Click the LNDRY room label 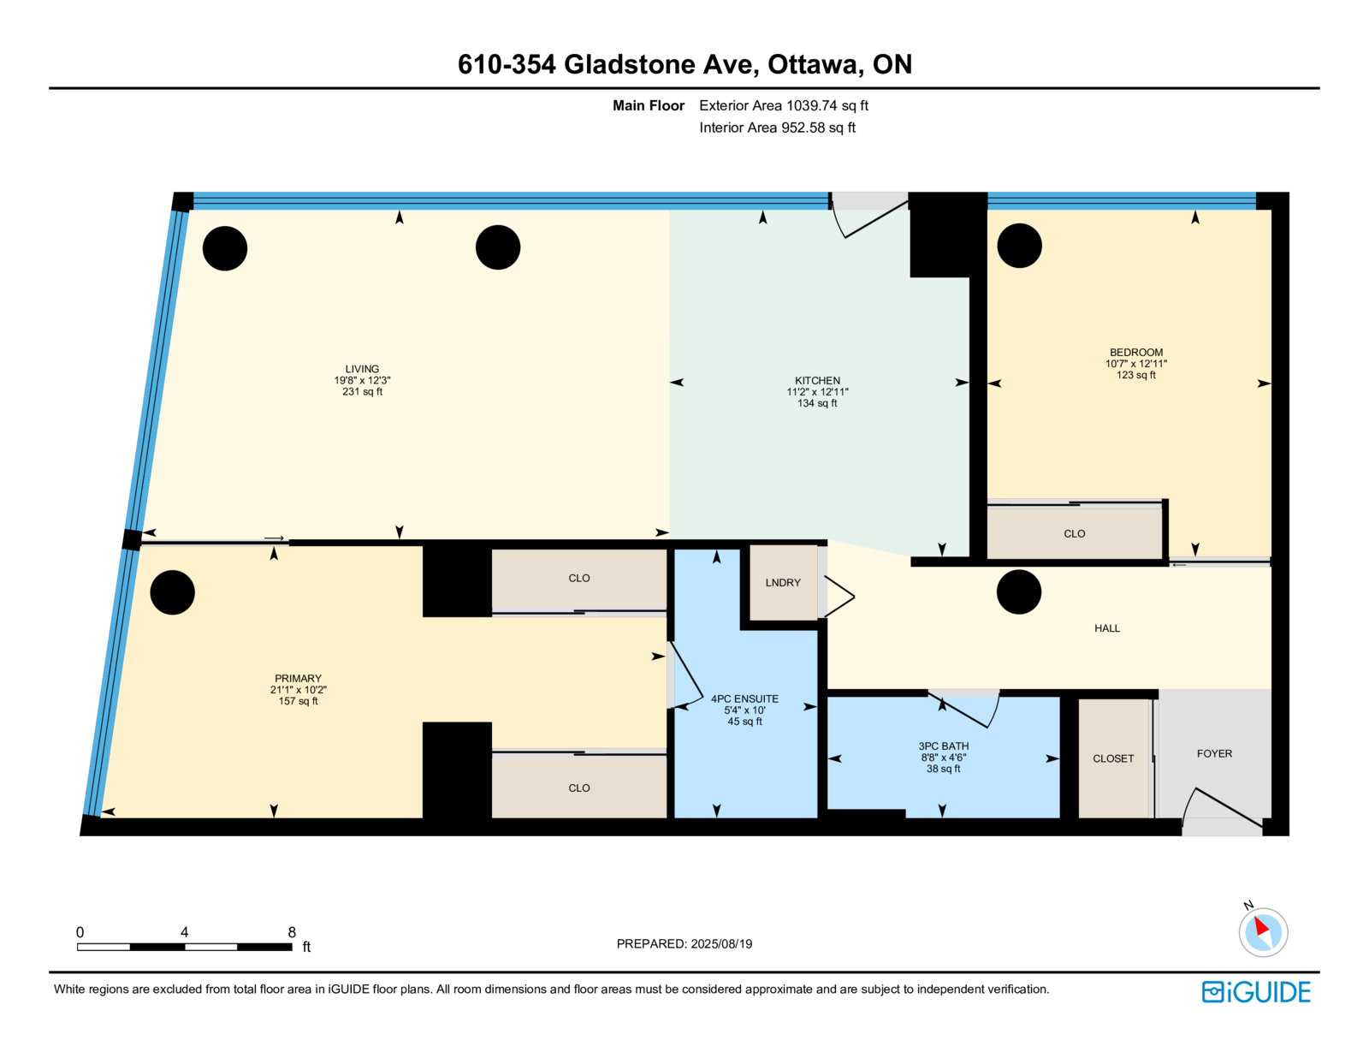click(x=782, y=583)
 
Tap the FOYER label click(x=1214, y=753)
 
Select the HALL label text click(x=1107, y=628)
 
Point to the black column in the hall click(x=1019, y=591)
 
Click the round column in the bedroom click(x=1019, y=246)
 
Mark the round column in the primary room click(x=173, y=592)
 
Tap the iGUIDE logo click(x=1255, y=992)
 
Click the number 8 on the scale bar click(x=292, y=932)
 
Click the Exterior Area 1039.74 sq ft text click(x=784, y=106)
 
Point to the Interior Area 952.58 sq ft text click(x=778, y=128)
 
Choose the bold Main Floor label click(x=649, y=106)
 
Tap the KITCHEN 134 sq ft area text click(x=817, y=403)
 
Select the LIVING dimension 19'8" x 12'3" click(x=362, y=381)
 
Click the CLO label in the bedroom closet click(x=1074, y=534)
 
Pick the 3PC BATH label click(x=943, y=746)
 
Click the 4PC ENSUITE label click(x=744, y=698)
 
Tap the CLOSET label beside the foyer click(x=1113, y=758)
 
